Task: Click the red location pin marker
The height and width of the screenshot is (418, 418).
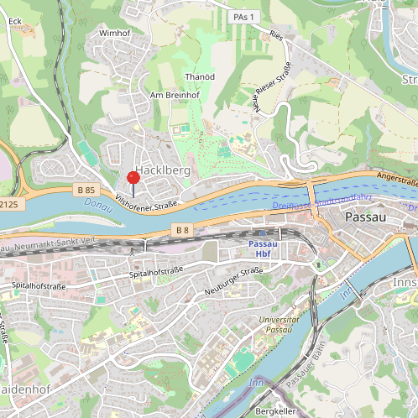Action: (x=133, y=178)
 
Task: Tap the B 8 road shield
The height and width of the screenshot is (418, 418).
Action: (x=184, y=229)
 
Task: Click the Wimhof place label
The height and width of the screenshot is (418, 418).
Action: (x=116, y=33)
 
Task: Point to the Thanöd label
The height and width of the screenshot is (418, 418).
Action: (x=200, y=76)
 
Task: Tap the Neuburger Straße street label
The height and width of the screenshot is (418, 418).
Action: (x=233, y=281)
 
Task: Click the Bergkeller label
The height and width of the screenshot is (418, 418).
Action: (x=277, y=412)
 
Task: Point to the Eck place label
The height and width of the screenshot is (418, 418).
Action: (x=14, y=20)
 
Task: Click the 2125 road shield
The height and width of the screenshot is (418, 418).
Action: (x=8, y=203)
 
